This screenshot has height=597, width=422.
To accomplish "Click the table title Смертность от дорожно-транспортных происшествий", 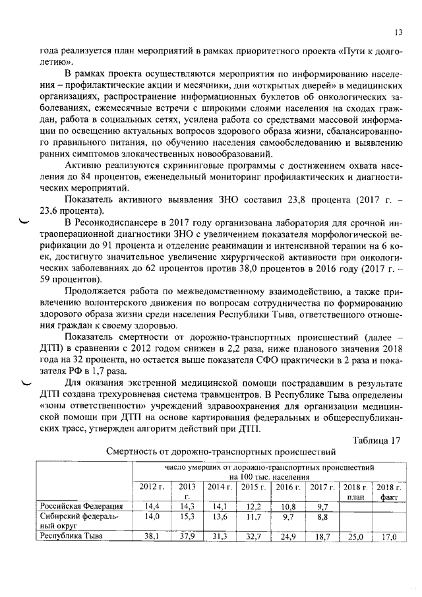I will point(222,452).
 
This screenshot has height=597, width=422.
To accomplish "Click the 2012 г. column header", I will point(152,486).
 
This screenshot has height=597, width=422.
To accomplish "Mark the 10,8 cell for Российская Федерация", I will point(286,507).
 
